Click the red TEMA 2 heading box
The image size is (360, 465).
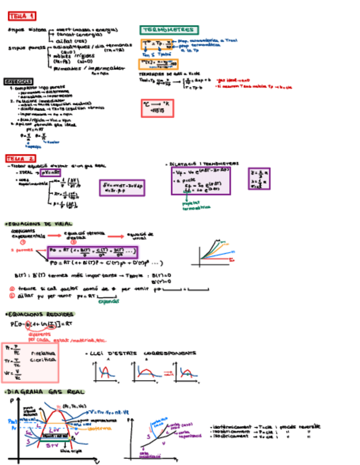coord(21,158)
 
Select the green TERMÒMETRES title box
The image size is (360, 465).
coord(169,30)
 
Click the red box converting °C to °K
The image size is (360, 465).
coord(157,108)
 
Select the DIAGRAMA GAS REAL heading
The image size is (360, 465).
coord(44,393)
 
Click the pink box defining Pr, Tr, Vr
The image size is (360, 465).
coord(30,362)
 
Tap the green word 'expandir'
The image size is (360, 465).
coord(108,300)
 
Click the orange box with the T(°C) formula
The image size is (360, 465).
coord(158,63)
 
